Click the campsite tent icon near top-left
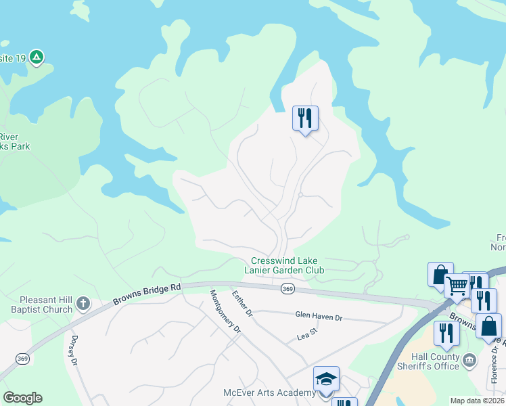coord(37,58)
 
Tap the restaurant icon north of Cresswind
coord(304,118)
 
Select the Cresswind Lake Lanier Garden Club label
coord(287,265)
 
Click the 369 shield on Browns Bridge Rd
coord(287,288)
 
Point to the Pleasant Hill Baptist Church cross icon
coord(83,302)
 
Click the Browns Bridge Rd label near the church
coord(147,294)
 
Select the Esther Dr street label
coord(242,304)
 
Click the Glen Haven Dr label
coord(319,315)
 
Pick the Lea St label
coord(307,336)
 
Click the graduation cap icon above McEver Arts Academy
coord(326,379)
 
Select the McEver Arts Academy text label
coord(269,393)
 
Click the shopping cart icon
coord(457,286)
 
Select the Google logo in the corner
coord(22,398)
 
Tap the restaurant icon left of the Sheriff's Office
coord(446,334)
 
